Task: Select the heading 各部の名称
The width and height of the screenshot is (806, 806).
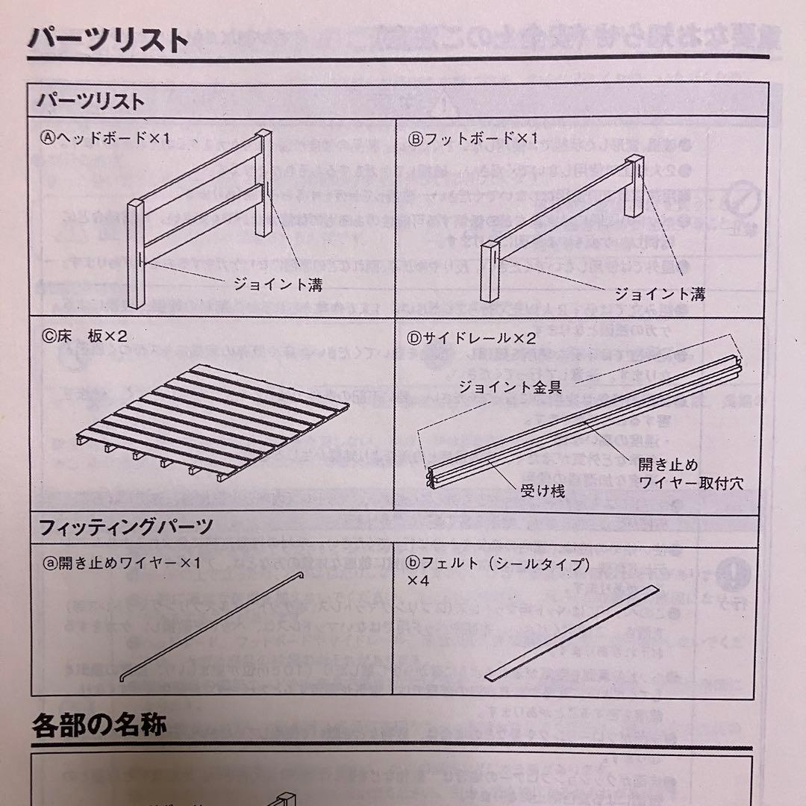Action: pos(99,726)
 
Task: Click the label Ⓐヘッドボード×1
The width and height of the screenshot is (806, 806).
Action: pos(106,138)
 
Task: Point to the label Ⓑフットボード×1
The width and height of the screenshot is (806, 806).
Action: pos(472,138)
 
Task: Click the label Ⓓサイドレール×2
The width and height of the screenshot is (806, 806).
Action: pos(472,337)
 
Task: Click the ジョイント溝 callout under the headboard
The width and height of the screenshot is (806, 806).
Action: pos(278,284)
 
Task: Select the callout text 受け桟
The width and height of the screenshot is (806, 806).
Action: pos(542,490)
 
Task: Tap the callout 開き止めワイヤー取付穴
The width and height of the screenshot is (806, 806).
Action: pos(690,473)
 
